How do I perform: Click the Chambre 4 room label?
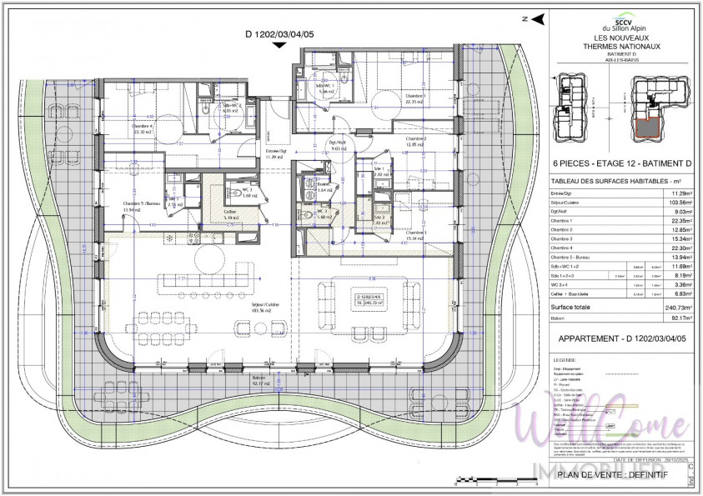(x=142, y=128)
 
